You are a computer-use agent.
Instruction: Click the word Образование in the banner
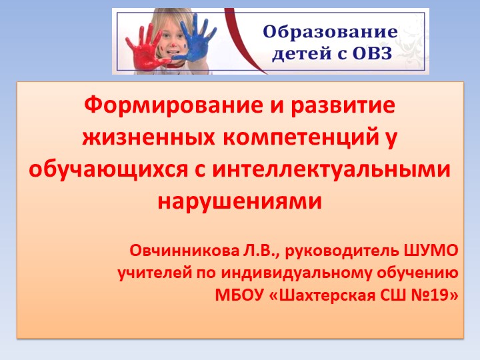[x=331, y=31]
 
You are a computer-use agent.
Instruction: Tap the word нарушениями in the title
[x=239, y=199]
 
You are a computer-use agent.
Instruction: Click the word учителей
[x=151, y=273]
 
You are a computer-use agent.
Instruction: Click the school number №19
[x=436, y=294]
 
